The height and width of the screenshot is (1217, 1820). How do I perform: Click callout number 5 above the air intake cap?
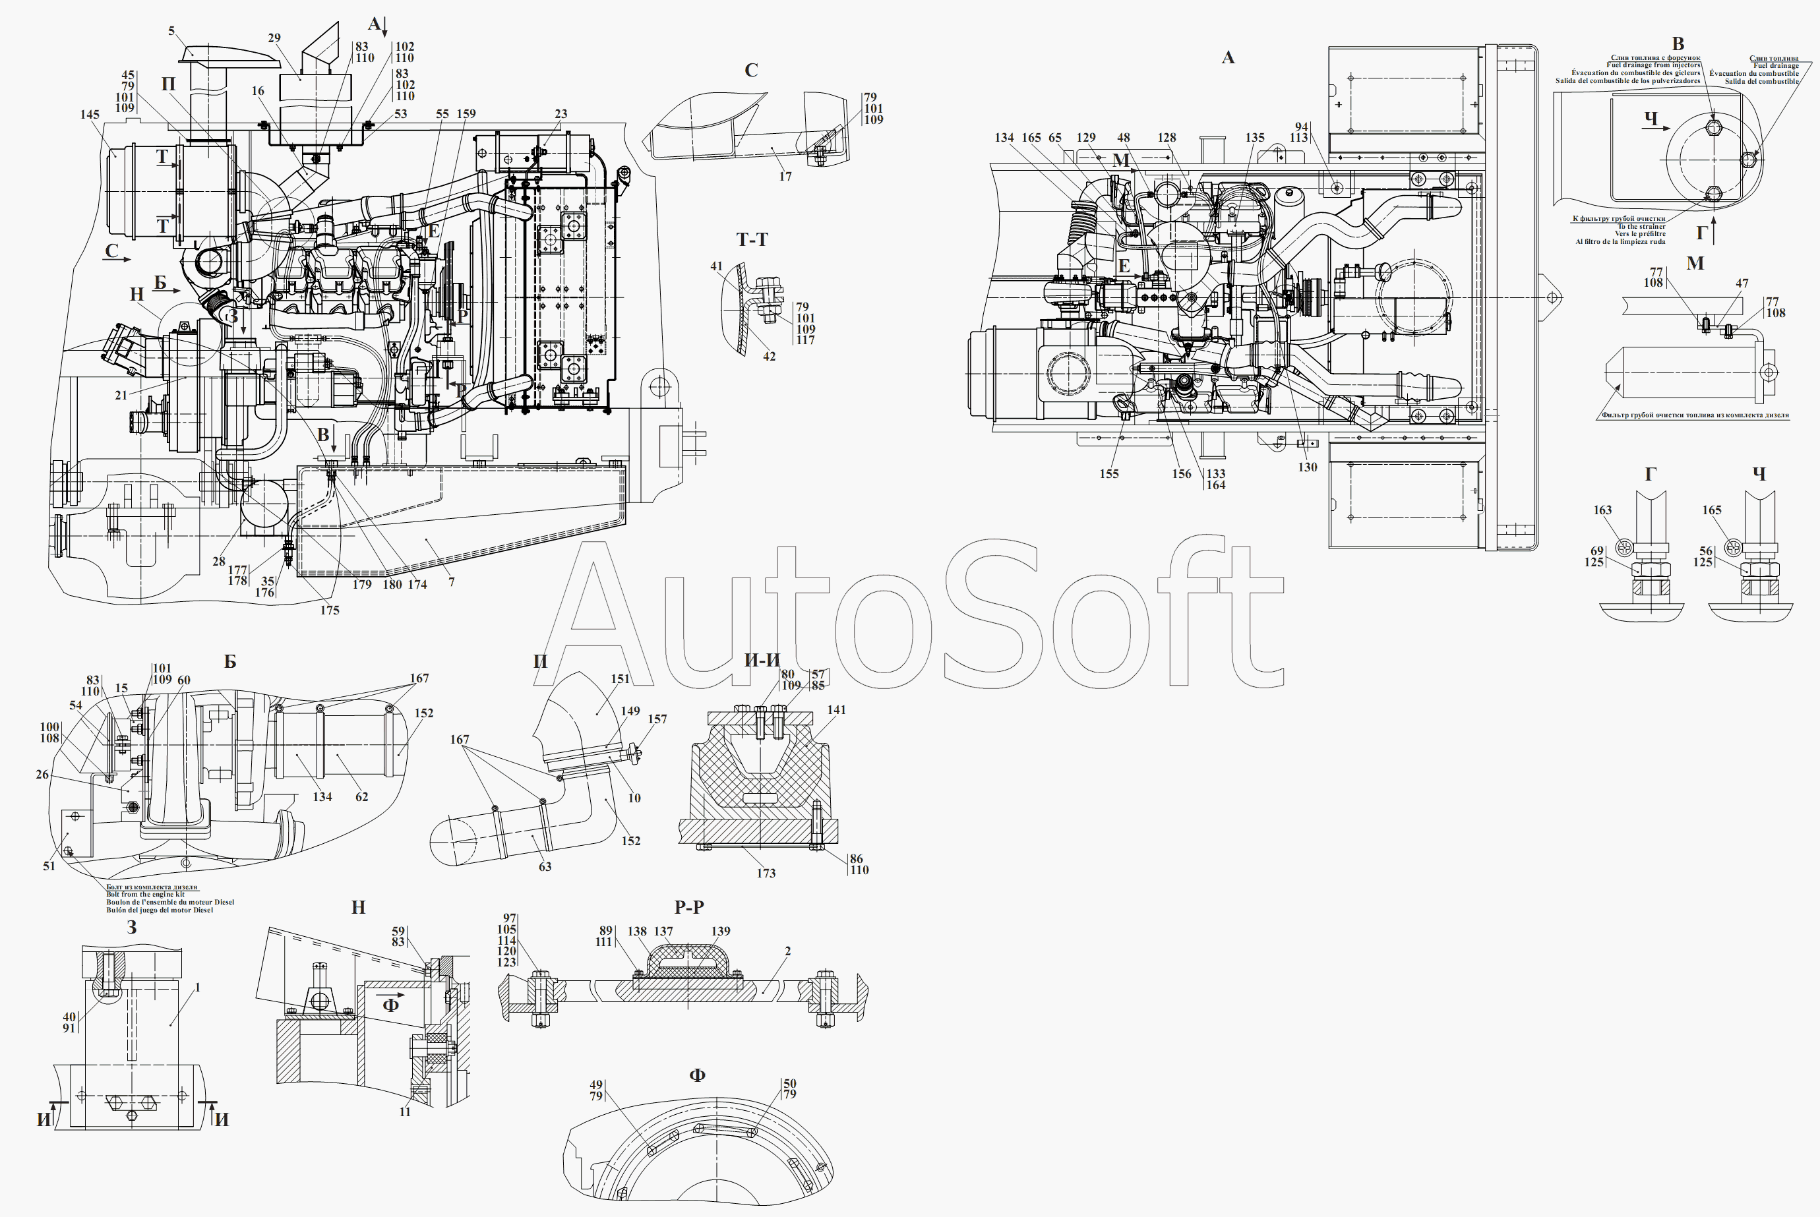pyautogui.click(x=171, y=31)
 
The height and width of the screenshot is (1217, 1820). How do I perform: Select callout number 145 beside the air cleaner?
pyautogui.click(x=90, y=114)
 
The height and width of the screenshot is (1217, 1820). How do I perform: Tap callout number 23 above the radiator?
pyautogui.click(x=561, y=113)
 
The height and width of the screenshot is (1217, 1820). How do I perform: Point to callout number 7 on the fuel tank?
pyautogui.click(x=452, y=581)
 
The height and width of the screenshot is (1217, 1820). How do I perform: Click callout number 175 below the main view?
pyautogui.click(x=330, y=610)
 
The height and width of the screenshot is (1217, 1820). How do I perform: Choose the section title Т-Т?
pyautogui.click(x=752, y=240)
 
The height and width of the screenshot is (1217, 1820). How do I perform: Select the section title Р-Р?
pyautogui.click(x=689, y=906)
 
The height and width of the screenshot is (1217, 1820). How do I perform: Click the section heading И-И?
pyautogui.click(x=762, y=661)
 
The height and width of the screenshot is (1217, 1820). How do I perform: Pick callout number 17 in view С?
pyautogui.click(x=785, y=176)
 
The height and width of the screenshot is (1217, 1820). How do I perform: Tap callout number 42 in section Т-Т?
pyautogui.click(x=769, y=356)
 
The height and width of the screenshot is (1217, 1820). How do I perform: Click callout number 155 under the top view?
pyautogui.click(x=1109, y=473)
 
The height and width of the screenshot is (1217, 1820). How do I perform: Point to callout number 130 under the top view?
pyautogui.click(x=1308, y=467)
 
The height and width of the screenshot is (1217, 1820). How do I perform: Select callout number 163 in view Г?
pyautogui.click(x=1602, y=510)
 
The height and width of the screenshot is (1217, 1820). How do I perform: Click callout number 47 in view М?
pyautogui.click(x=1742, y=283)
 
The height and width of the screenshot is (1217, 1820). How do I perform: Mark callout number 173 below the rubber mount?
pyautogui.click(x=766, y=873)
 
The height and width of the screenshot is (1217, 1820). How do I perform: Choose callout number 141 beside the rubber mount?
pyautogui.click(x=837, y=709)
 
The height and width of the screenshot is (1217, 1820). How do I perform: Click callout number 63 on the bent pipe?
pyautogui.click(x=545, y=866)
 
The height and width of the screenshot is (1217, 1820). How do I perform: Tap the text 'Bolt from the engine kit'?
pyautogui.click(x=145, y=894)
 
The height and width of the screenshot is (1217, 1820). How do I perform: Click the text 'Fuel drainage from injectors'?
pyautogui.click(x=1653, y=65)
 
